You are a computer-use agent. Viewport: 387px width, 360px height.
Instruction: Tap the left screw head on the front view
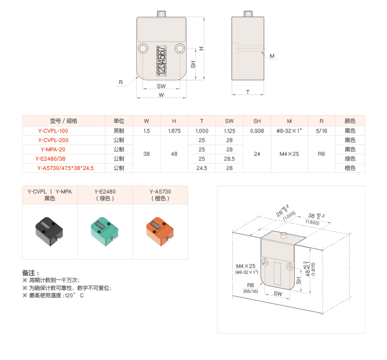tap(143, 48)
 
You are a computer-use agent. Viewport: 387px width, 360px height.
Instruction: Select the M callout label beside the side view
tap(272, 56)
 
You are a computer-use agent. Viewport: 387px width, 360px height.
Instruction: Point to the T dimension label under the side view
tap(248, 91)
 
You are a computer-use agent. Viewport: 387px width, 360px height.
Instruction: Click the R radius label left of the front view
tap(121, 82)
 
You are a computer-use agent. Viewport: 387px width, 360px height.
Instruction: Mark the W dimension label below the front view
tap(161, 95)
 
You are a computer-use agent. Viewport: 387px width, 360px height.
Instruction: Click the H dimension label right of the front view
tap(201, 48)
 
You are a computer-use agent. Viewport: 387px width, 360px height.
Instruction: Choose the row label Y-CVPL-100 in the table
tap(53, 131)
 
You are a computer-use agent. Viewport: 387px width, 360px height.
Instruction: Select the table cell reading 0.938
tap(257, 131)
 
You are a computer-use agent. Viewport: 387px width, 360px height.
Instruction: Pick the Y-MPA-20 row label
tap(53, 149)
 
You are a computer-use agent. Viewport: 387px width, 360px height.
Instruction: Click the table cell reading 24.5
tap(202, 168)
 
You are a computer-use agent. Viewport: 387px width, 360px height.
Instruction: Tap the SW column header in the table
tap(229, 121)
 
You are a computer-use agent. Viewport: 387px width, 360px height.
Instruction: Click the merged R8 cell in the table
tap(321, 154)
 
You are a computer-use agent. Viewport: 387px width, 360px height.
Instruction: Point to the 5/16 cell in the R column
tap(321, 131)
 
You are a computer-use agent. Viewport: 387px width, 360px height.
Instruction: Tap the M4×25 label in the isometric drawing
tap(245, 266)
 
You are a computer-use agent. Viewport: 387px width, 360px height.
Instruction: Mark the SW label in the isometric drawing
tap(278, 293)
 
